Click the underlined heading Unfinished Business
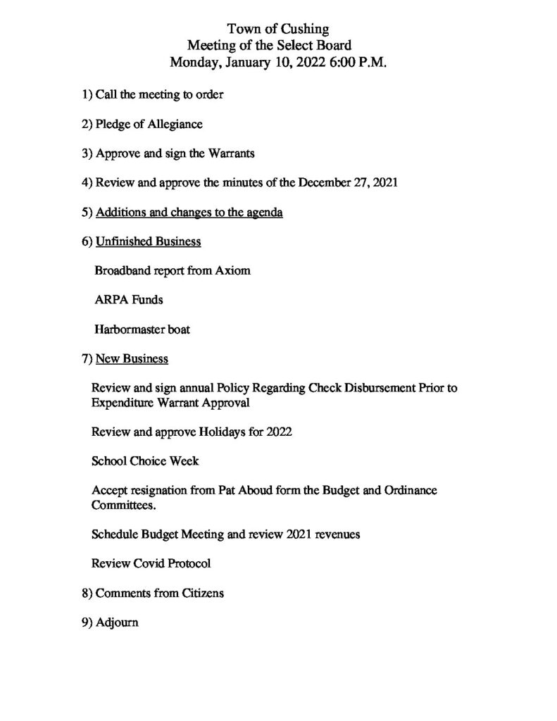tap(148, 242)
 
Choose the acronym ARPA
tap(109, 300)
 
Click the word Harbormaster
tap(130, 329)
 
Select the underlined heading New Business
tap(132, 359)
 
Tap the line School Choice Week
tap(145, 461)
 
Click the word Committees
tap(120, 505)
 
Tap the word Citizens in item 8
tap(199, 593)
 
